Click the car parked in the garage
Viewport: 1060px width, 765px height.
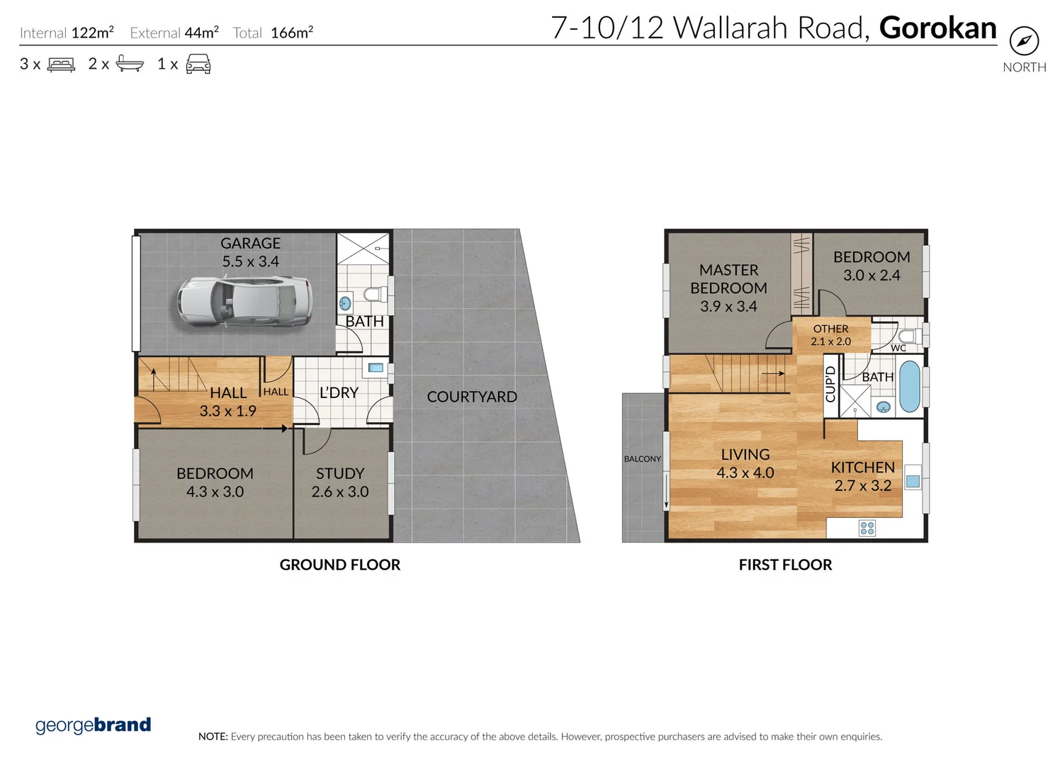(x=244, y=301)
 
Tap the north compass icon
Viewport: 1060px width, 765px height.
(x=1024, y=41)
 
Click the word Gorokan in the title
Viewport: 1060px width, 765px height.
(x=937, y=28)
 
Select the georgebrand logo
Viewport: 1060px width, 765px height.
(x=93, y=725)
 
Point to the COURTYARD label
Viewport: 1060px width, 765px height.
(x=472, y=397)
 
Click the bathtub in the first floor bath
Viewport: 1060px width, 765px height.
(x=909, y=387)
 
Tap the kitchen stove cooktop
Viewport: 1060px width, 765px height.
(x=867, y=528)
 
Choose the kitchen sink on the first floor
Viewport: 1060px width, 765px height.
(x=913, y=481)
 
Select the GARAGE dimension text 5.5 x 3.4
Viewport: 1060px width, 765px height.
(x=250, y=261)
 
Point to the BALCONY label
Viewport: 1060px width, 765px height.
(x=642, y=459)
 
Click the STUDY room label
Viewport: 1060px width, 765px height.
(x=340, y=473)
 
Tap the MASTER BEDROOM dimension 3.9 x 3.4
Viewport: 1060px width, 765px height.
(x=728, y=306)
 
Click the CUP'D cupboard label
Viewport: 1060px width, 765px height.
(x=830, y=384)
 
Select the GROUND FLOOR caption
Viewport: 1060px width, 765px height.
(x=340, y=565)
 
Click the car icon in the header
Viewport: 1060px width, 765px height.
(x=198, y=64)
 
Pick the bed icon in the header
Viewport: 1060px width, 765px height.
(x=61, y=64)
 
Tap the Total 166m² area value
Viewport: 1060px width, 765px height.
(x=292, y=33)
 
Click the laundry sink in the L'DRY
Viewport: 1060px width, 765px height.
(x=376, y=368)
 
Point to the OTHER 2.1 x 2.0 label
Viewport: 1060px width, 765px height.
(x=830, y=335)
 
